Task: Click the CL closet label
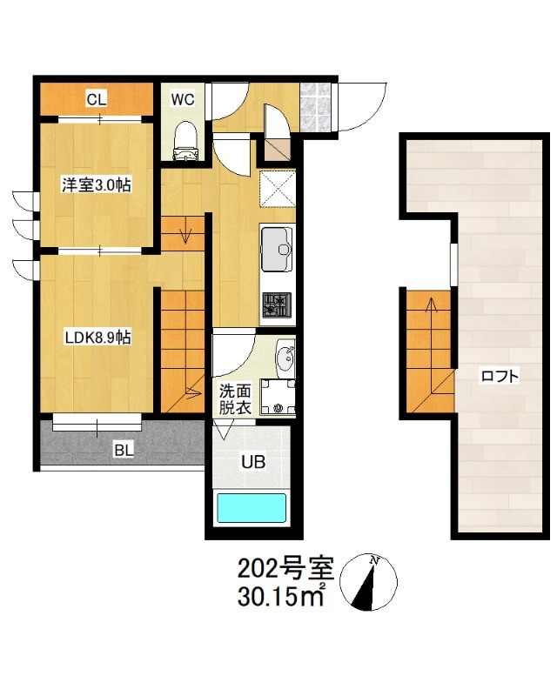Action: tap(97, 99)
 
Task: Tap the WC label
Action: tap(183, 99)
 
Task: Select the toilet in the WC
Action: tap(185, 141)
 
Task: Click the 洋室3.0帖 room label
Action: tap(97, 184)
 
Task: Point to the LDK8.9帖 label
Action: tap(97, 338)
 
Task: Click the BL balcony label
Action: tap(124, 450)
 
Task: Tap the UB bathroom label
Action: tap(253, 462)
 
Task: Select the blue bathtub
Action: tap(251, 509)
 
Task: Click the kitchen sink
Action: tap(277, 249)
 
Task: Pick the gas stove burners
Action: tap(277, 304)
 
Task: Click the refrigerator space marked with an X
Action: tap(278, 189)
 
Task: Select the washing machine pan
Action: tap(278, 397)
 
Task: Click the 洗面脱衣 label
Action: tap(235, 399)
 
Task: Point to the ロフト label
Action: tap(500, 377)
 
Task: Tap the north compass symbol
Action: tap(369, 582)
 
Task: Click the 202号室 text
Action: tap(285, 569)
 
